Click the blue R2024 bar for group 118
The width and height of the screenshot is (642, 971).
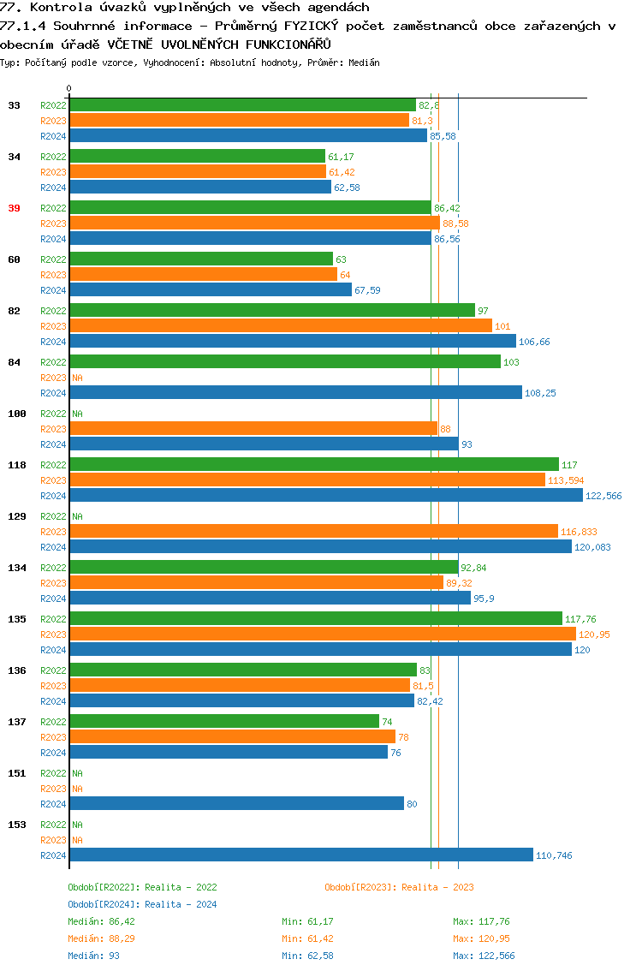325,496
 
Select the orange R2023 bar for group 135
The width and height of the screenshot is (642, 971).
322,634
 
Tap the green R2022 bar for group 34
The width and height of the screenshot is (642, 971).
197,157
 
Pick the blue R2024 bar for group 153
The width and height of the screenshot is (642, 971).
300,855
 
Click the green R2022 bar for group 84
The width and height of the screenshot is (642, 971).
284,362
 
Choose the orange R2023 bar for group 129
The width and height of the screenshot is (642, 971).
313,532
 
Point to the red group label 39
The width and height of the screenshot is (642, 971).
14,208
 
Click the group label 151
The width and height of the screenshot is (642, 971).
16,773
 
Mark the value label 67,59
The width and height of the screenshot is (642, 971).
367,291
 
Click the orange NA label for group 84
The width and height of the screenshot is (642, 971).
77,378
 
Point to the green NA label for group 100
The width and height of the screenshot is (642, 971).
77,414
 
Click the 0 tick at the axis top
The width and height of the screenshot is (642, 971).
69,89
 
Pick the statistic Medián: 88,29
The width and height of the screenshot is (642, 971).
101,938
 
